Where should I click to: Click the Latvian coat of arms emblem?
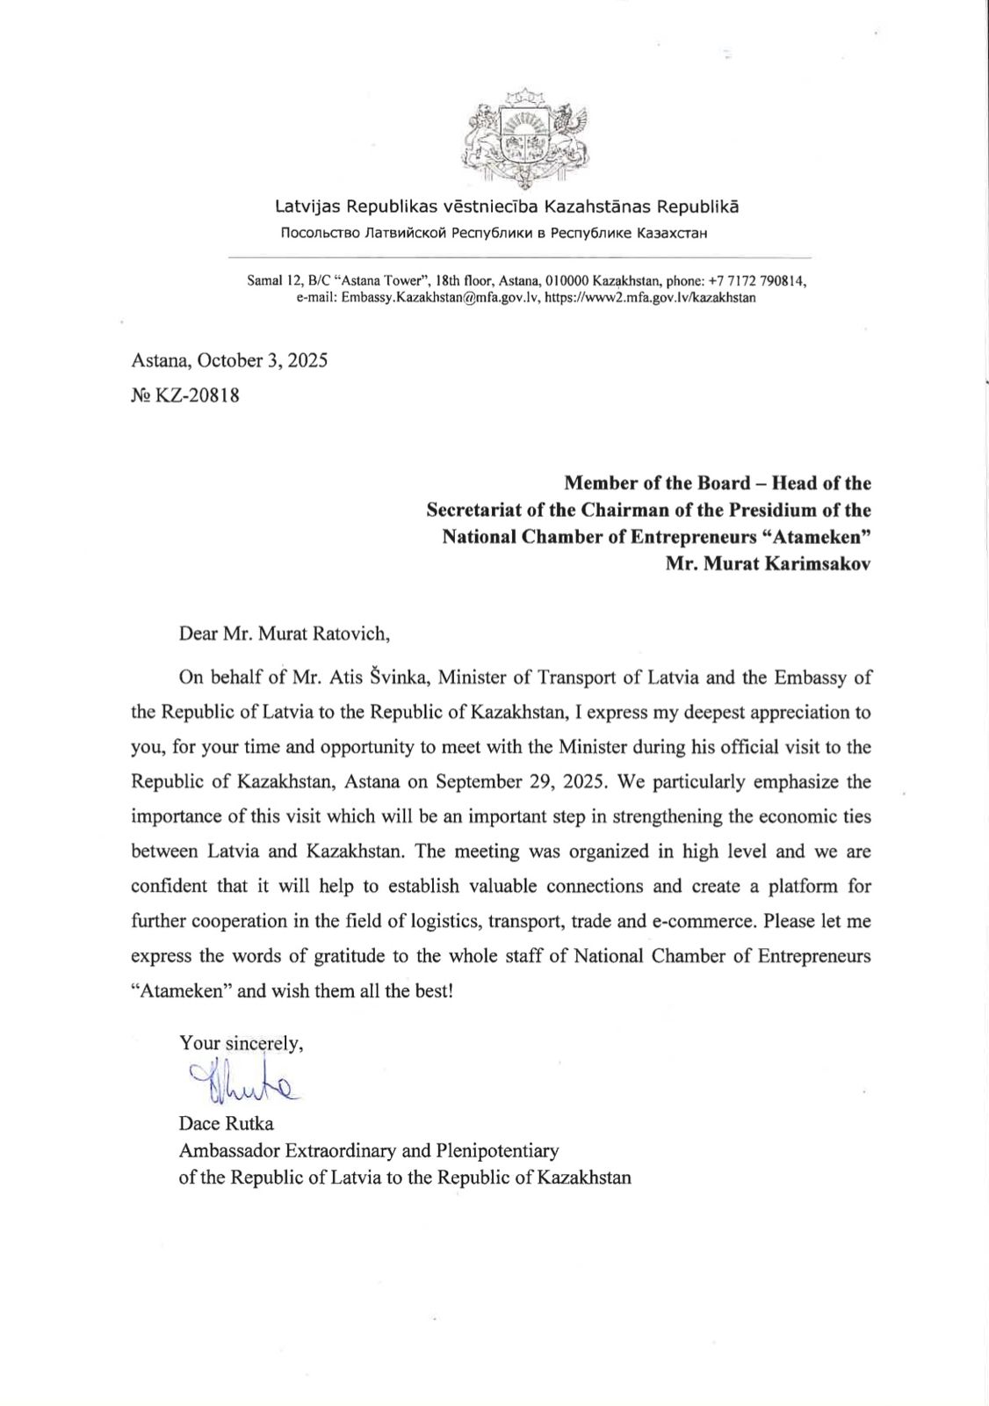coord(525,139)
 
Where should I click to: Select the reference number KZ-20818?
coord(197,395)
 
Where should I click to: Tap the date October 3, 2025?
coord(262,360)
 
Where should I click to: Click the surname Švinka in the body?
coord(400,678)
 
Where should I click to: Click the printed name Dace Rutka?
coord(226,1124)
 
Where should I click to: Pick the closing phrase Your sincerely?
coord(241,1044)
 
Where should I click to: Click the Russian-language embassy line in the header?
coord(494,234)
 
